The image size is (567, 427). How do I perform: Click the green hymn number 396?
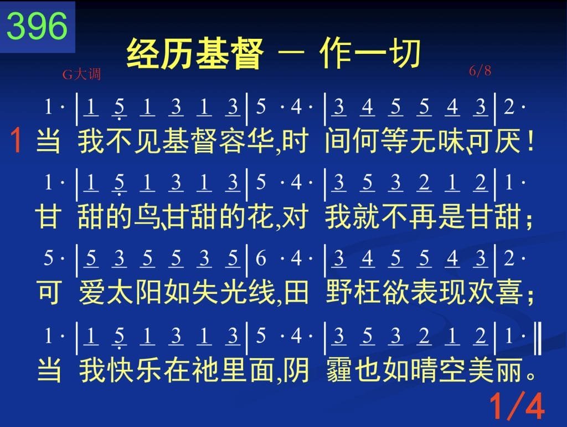(x=37, y=26)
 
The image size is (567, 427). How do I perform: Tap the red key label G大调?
(x=81, y=74)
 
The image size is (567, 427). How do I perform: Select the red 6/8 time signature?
(x=480, y=70)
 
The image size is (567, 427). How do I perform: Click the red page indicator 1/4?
(x=517, y=406)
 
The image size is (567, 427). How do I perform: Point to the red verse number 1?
(x=16, y=140)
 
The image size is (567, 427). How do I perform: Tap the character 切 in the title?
(x=404, y=54)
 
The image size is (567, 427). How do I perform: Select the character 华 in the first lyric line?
(x=261, y=141)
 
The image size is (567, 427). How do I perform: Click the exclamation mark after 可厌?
(x=530, y=140)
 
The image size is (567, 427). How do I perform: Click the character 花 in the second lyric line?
(x=261, y=217)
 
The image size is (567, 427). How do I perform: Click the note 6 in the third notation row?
(x=261, y=258)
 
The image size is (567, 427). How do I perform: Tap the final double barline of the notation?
(x=538, y=338)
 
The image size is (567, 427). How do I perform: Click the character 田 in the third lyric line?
(x=296, y=292)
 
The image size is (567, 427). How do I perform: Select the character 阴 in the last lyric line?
(x=296, y=370)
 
